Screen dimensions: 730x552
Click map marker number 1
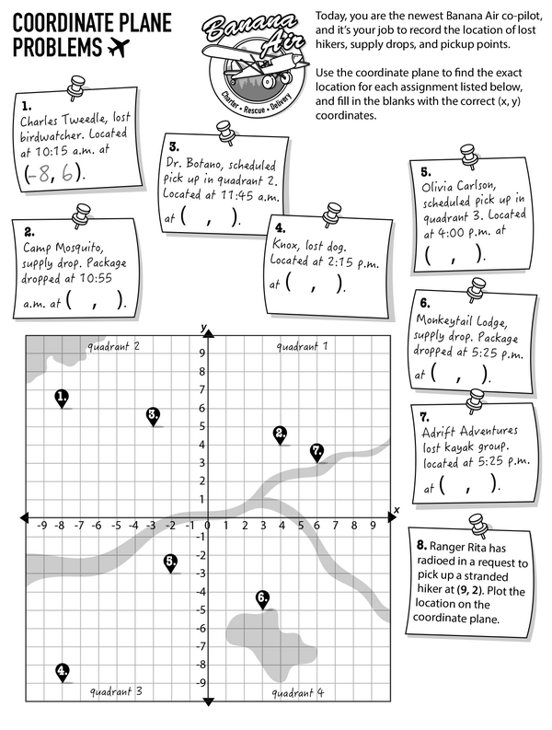[62, 397]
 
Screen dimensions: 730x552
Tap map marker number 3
[153, 415]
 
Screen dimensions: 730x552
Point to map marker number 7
[317, 451]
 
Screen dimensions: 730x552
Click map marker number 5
[170, 561]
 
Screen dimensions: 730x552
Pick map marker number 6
[263, 597]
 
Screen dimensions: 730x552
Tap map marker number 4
[62, 671]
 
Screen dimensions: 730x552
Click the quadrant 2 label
[113, 346]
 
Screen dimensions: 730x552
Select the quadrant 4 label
[298, 690]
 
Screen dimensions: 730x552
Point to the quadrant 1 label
[301, 346]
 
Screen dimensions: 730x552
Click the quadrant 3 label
[115, 690]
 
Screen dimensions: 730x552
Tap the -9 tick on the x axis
[41, 526]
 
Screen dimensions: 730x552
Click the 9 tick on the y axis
[200, 352]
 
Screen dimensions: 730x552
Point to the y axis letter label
[204, 328]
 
